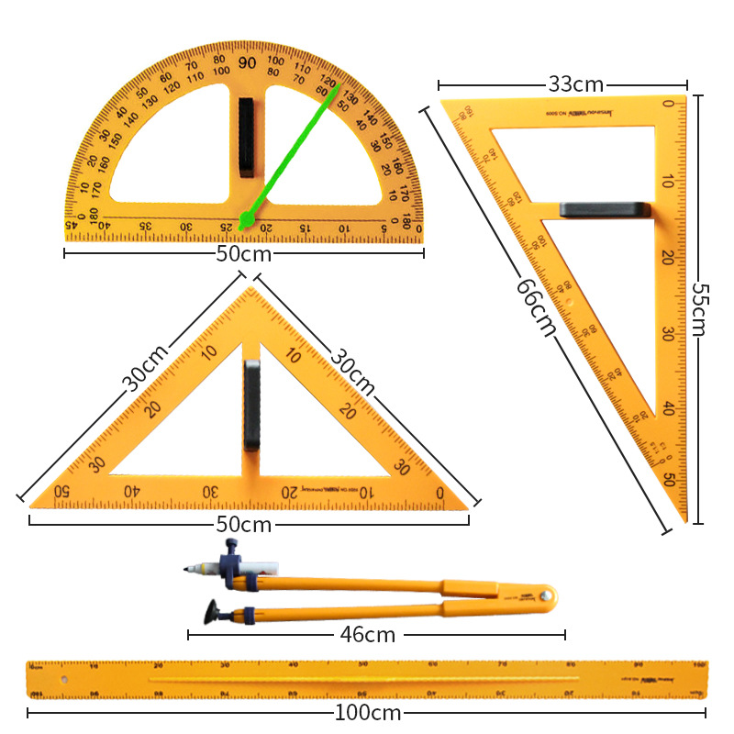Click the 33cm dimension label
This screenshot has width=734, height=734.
point(575,84)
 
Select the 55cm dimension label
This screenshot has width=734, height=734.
point(698,309)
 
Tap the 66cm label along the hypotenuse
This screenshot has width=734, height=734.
point(536,307)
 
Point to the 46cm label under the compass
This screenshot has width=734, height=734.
point(367,634)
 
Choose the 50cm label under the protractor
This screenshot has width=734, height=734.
point(244,253)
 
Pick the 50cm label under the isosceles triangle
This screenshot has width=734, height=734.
point(244,524)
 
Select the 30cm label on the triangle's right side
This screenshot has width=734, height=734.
point(353,371)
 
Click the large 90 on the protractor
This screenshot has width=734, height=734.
point(247,62)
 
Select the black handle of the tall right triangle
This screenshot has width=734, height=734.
point(605,210)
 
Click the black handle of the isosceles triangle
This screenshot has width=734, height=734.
point(251,405)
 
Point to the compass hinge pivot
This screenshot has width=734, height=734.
point(548,595)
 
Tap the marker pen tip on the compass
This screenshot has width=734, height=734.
point(189,571)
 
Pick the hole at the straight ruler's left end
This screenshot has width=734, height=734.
point(63,680)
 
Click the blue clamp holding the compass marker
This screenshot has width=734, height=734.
point(230,561)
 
